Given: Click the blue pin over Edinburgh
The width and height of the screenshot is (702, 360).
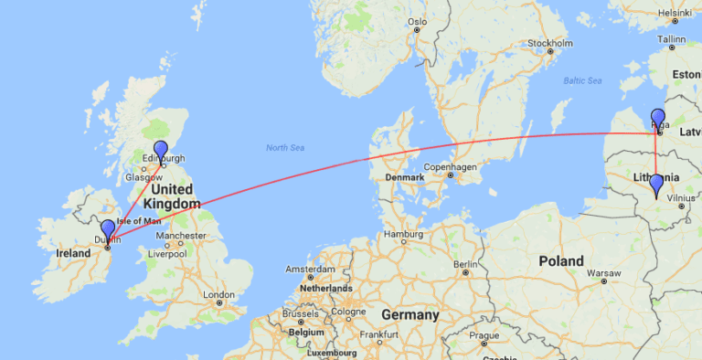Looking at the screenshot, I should click(161, 151).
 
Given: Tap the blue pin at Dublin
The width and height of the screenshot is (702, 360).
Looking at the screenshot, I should click(109, 229).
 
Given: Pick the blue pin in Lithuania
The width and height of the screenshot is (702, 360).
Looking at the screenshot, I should click(656, 185).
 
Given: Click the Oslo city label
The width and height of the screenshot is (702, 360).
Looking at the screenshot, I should click(418, 20).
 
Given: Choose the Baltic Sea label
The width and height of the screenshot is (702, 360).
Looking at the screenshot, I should click(582, 80).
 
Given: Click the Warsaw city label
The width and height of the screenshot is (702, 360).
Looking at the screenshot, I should click(603, 272).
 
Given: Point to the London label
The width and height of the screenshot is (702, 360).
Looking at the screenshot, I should click(219, 294).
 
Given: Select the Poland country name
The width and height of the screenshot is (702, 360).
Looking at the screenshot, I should click(561, 260).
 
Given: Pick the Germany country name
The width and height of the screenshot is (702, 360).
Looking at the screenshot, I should click(410, 313).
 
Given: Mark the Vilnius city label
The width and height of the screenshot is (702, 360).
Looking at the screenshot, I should click(681, 197).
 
